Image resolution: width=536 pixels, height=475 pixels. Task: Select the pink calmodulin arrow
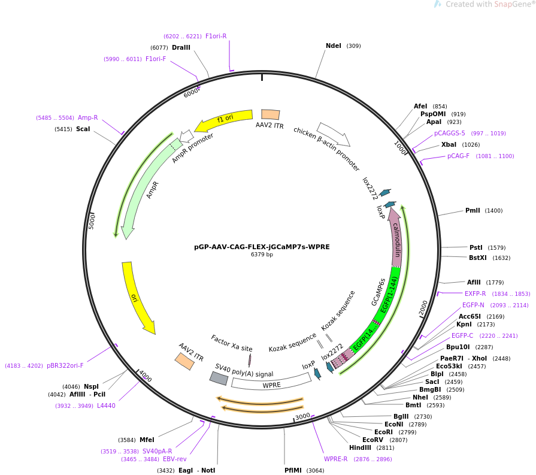tap(395, 237)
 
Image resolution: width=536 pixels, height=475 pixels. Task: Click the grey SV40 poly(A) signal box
tap(219, 378)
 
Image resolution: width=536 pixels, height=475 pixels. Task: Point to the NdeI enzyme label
tap(334, 46)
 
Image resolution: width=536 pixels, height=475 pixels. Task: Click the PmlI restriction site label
tap(473, 210)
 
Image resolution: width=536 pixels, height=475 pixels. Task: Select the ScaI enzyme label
tap(83, 129)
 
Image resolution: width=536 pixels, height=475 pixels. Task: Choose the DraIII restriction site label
tap(181, 47)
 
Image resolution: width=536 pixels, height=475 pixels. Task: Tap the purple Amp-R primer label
tap(88, 117)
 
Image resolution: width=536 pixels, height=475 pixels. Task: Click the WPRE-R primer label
tap(336, 459)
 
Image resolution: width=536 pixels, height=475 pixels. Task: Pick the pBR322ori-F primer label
tap(65, 365)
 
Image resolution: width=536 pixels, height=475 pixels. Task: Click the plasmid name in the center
tap(262, 247)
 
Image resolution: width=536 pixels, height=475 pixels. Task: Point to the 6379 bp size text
tap(262, 255)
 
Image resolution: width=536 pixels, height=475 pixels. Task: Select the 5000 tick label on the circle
tap(92, 222)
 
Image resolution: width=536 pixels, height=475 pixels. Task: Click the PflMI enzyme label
tap(293, 470)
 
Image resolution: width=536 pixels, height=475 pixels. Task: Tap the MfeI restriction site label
tap(147, 440)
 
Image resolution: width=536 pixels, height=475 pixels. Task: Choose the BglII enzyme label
tap(401, 416)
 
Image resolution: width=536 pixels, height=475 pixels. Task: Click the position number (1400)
tap(493, 211)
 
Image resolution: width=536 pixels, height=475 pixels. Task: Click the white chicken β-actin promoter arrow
tap(334, 134)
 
